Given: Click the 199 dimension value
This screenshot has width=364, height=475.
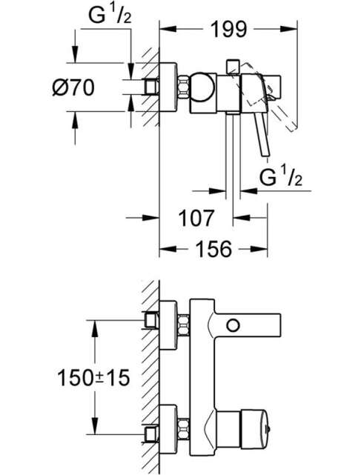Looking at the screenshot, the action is pos(229,30).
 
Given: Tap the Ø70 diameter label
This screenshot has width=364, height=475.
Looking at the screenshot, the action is pos(73,87).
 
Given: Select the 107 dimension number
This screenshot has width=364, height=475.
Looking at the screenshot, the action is pos(196,218).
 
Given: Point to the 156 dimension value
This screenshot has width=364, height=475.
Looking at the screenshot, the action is pos(214,249).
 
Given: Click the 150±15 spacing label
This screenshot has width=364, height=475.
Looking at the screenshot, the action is pos(93,377).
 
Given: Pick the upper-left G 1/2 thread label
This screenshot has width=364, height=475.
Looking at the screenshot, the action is pos(110,15).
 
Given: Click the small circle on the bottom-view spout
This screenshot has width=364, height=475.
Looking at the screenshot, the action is pos(233,325).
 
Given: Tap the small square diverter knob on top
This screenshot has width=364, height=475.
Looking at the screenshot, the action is pos(233,65).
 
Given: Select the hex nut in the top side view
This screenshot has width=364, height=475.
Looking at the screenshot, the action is pos(183,87).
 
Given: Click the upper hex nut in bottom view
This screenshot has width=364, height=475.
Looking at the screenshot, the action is pos(183,325).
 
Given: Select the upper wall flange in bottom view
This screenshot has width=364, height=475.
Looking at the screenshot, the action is pos(168,325).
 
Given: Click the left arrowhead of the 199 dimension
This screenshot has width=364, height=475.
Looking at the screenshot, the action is pos(168,29).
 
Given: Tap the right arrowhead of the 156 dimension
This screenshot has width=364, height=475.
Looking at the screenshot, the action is pos(259,249).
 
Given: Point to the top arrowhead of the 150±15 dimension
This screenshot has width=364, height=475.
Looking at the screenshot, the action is pos(95,328).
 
